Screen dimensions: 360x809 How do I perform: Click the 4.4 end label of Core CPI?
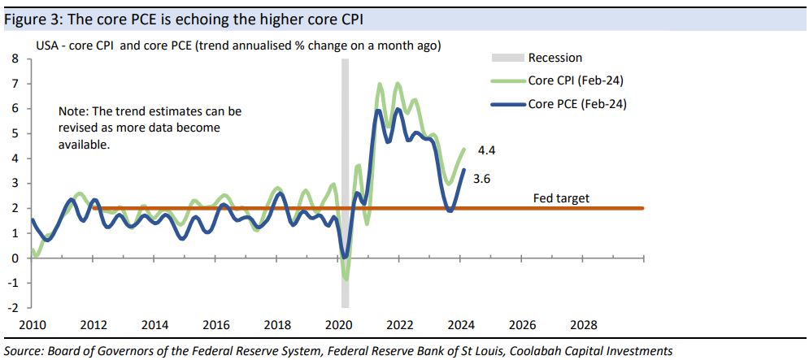pos(486,151)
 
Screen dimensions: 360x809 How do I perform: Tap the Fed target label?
pos(561,198)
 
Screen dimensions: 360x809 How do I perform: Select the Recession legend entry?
pos(555,58)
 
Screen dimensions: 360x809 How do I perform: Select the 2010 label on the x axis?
pos(33,325)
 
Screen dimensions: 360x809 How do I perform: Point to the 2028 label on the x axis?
pos(584,325)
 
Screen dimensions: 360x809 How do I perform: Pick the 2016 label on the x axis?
pos(216,325)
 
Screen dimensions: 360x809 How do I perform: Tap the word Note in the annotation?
pos(72,111)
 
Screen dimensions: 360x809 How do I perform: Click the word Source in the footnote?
pos(23,351)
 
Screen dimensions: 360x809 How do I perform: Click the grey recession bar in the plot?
pos(345,163)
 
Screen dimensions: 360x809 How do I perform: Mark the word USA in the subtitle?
pos(47,46)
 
